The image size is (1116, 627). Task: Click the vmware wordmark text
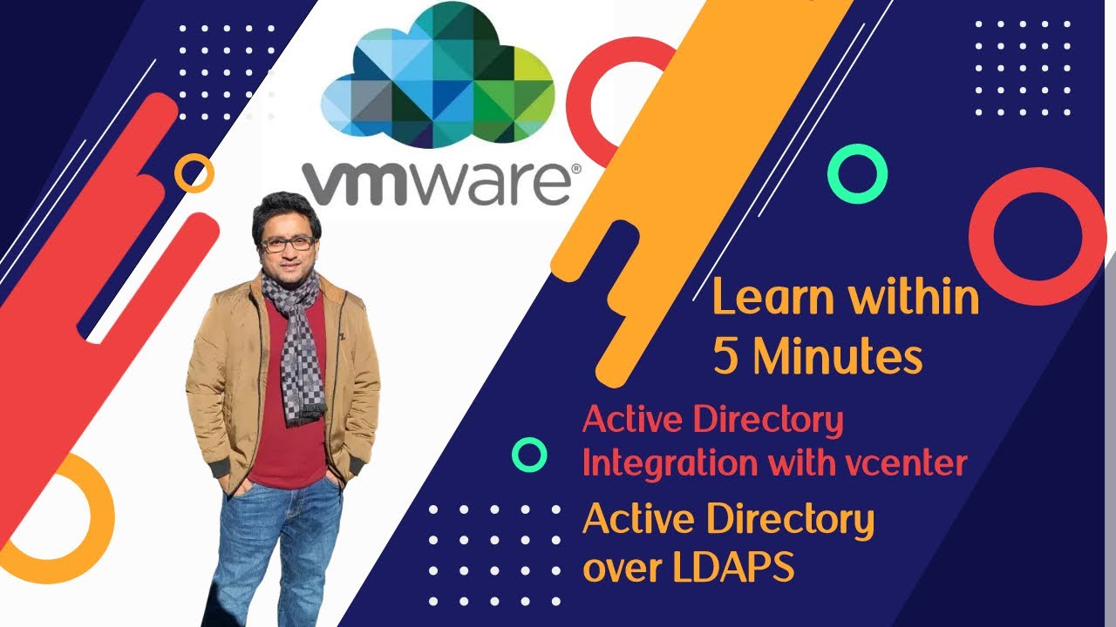tap(436, 184)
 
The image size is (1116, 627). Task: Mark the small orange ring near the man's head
tap(194, 173)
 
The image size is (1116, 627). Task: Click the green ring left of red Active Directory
tap(529, 455)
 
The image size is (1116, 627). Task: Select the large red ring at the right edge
tap(1037, 236)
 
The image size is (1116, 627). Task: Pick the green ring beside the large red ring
tap(857, 174)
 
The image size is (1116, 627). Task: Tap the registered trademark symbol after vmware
tap(575, 172)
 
